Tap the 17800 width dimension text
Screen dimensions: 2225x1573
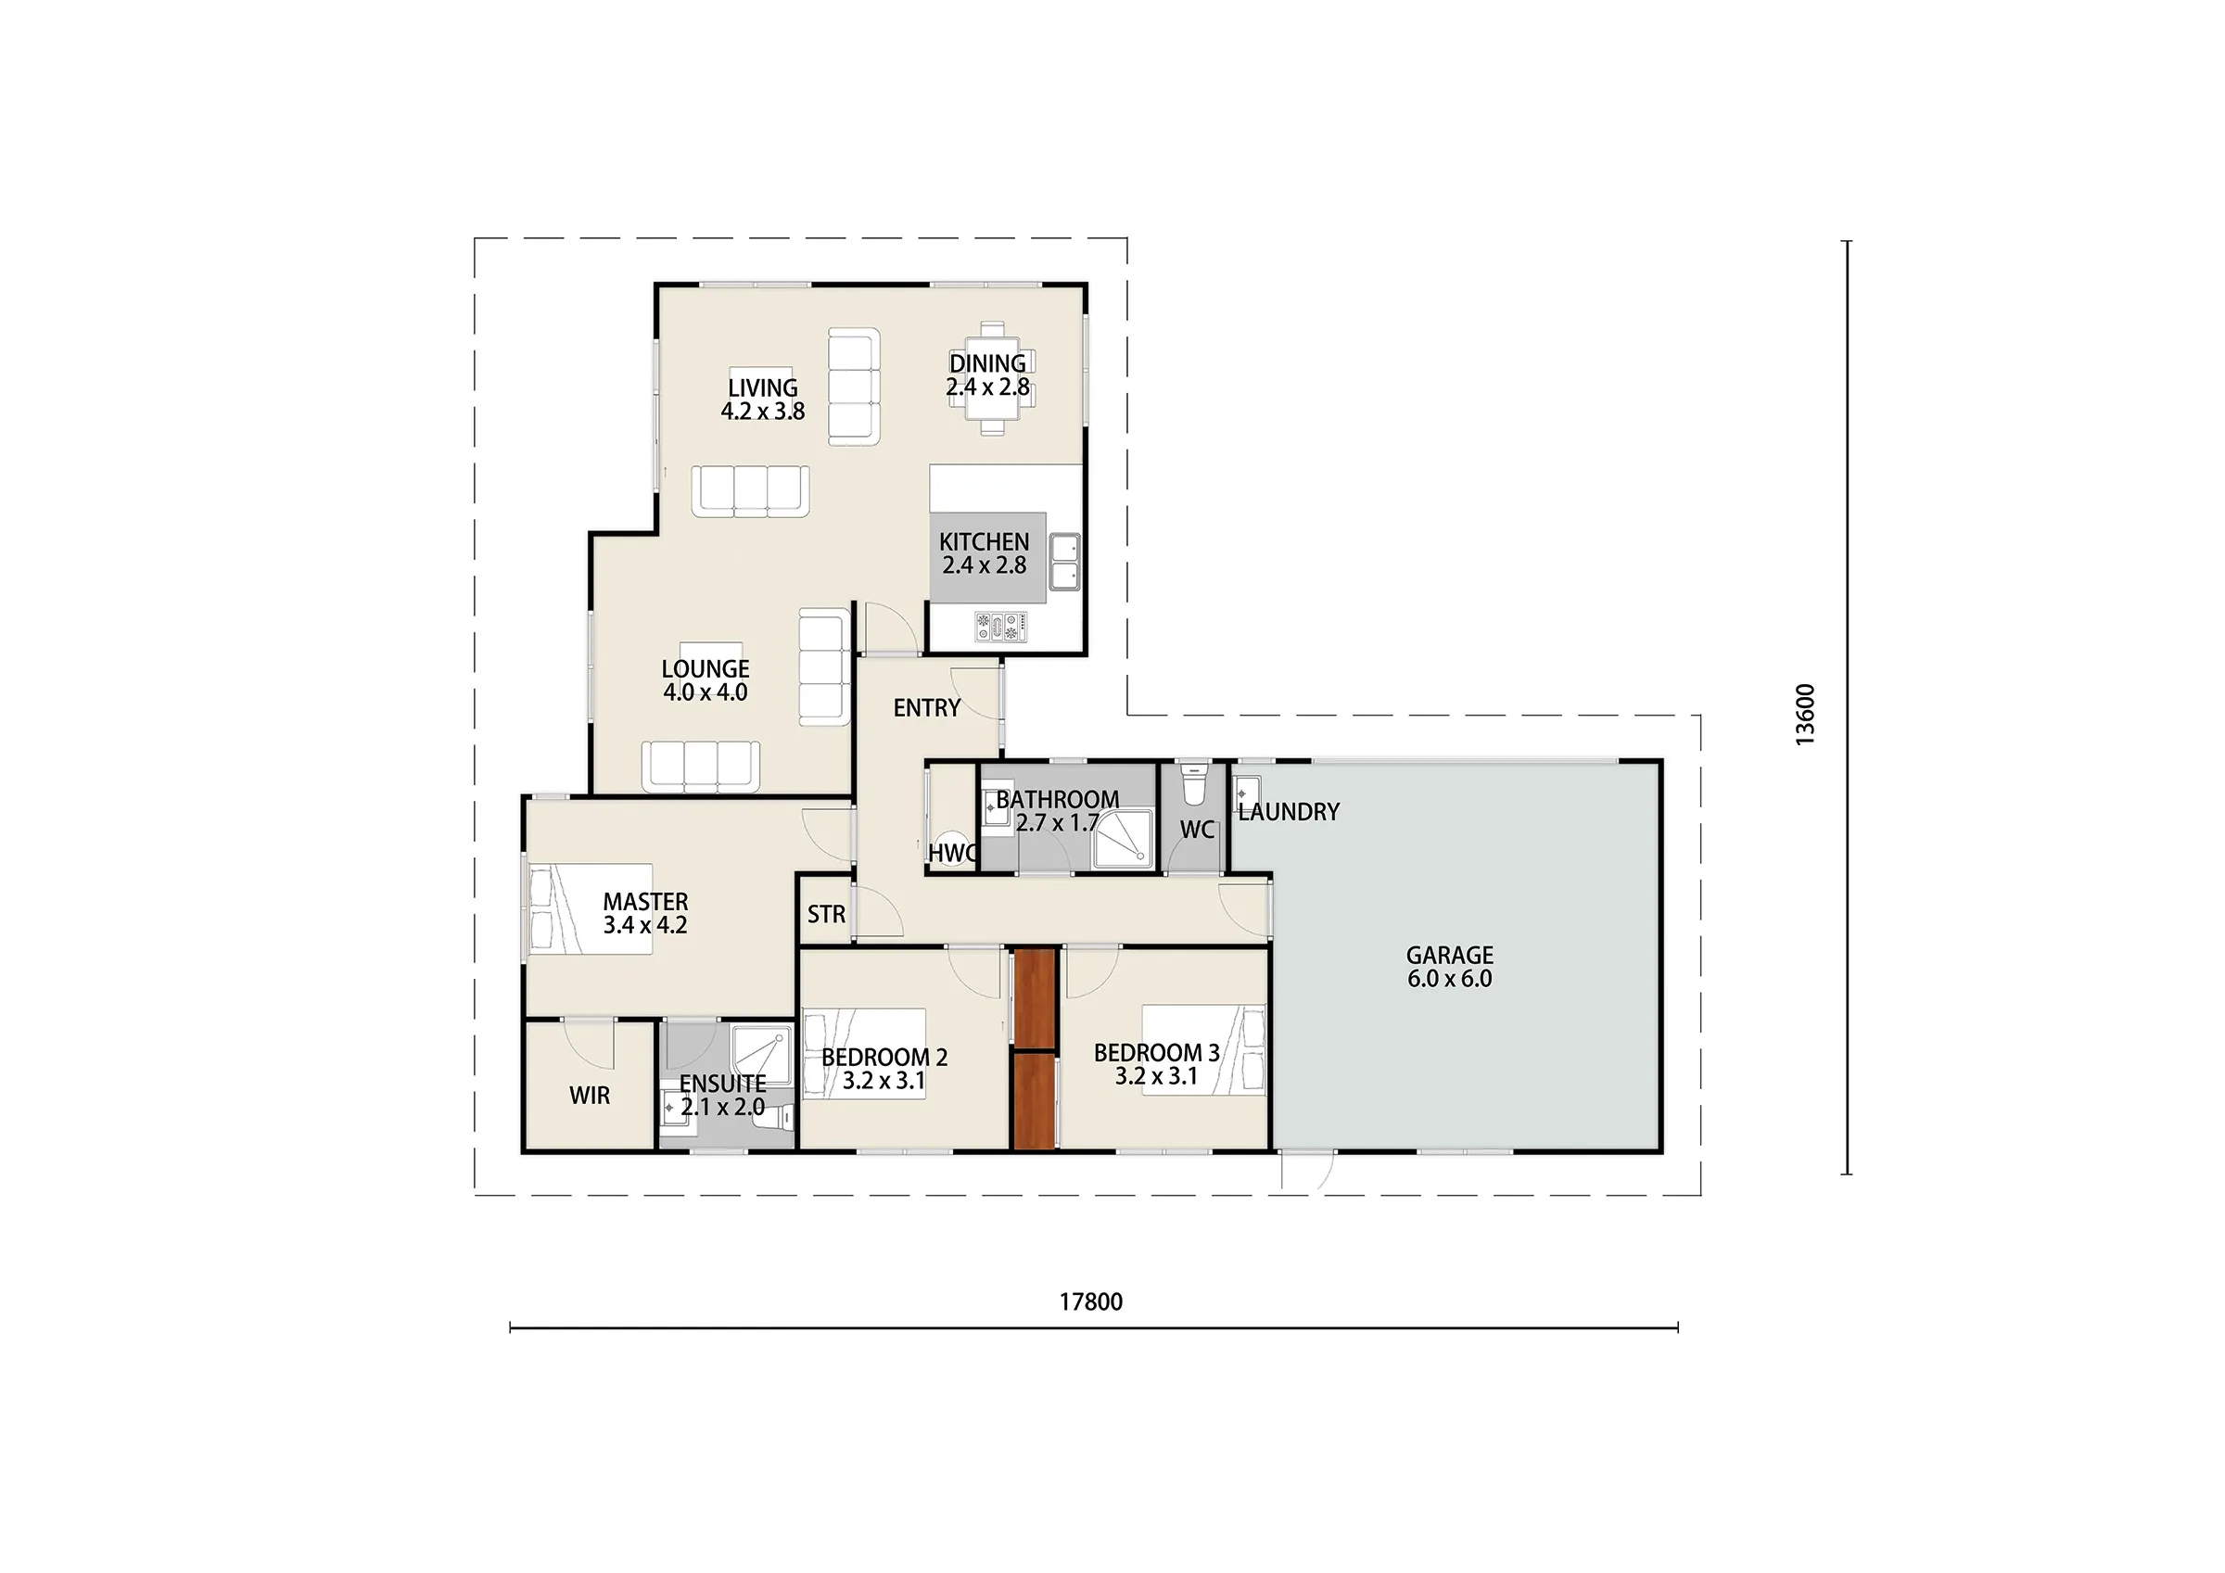1091,1301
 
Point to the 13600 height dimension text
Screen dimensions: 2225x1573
1804,715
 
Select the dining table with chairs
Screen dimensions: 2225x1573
991,378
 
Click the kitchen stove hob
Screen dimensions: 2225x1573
1001,626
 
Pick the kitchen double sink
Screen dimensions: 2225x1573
1064,561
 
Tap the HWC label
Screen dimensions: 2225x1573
953,853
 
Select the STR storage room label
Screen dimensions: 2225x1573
827,914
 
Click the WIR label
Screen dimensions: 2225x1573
591,1096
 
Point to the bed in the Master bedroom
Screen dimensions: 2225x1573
591,909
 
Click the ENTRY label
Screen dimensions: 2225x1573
927,708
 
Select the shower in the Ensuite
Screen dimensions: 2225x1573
762,1056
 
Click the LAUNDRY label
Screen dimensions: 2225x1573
1289,812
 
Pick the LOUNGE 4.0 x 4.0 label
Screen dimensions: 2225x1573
706,680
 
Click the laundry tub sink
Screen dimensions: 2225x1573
1248,794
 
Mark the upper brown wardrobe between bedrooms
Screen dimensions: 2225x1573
1035,998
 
